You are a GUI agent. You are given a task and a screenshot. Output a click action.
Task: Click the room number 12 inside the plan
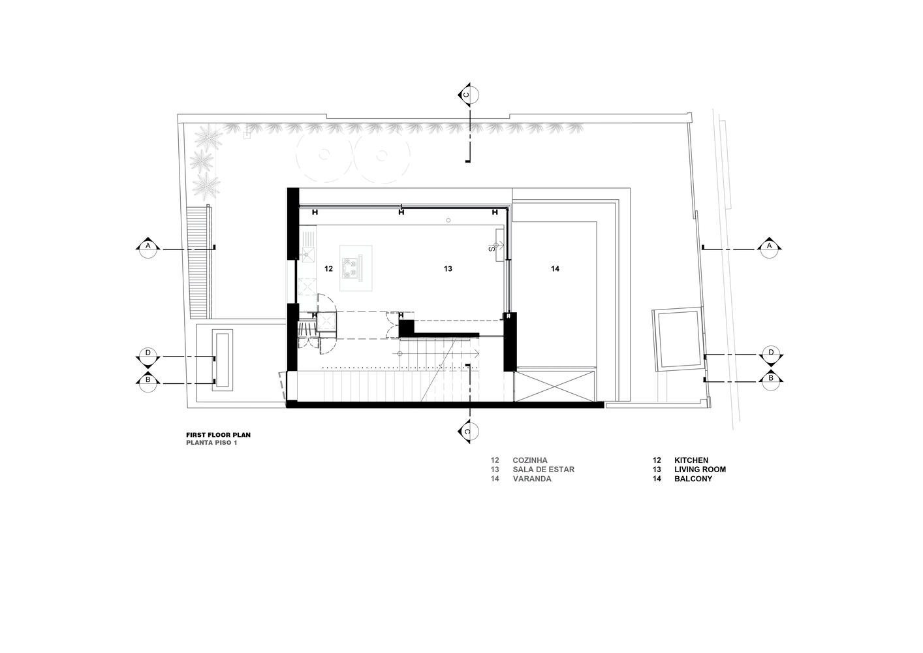click(x=328, y=269)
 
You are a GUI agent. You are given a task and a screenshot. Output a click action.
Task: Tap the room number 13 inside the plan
click(x=448, y=269)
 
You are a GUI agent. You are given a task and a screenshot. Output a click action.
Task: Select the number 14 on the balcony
click(x=555, y=269)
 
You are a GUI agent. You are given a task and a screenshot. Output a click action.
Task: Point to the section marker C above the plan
click(x=468, y=95)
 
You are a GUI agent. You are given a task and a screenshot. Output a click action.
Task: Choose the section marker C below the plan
click(x=468, y=432)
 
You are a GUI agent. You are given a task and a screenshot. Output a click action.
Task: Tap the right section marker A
click(x=769, y=247)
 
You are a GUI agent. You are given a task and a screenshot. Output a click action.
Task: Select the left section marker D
click(x=148, y=356)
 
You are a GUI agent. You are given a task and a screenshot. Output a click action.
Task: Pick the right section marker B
click(x=772, y=379)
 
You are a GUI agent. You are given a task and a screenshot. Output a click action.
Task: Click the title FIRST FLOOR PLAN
click(x=219, y=435)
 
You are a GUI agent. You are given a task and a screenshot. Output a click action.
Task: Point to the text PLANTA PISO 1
click(x=212, y=443)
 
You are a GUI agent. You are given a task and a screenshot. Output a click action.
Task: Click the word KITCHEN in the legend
click(x=691, y=460)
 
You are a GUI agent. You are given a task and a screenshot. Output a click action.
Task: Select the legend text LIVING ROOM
click(x=700, y=469)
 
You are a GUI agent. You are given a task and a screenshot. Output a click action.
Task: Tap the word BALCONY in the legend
click(x=693, y=479)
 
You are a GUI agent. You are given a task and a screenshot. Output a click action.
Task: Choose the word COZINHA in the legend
click(x=530, y=460)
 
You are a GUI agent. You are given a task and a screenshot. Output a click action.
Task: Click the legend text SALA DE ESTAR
click(x=544, y=469)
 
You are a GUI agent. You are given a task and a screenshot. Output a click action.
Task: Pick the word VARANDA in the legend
click(x=532, y=479)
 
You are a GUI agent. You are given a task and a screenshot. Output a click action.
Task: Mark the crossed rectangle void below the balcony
click(x=555, y=386)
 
